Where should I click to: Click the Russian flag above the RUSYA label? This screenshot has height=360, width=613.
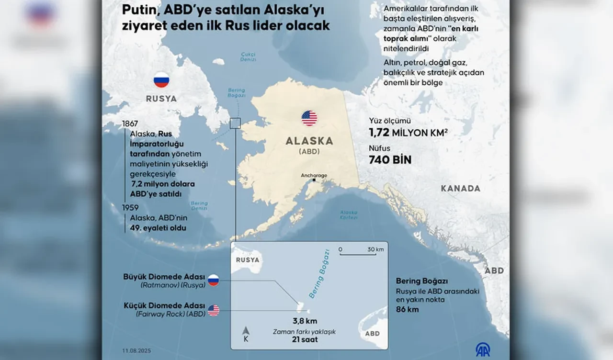(x=161, y=79)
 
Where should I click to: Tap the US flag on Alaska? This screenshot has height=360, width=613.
(x=309, y=118)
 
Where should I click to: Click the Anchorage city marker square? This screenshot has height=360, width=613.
(x=314, y=180)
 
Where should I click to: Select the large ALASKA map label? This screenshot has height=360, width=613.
(x=309, y=141)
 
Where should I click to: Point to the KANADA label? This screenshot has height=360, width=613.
(x=460, y=189)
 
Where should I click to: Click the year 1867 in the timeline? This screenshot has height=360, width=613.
(x=130, y=124)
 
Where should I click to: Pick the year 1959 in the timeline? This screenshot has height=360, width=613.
(x=130, y=208)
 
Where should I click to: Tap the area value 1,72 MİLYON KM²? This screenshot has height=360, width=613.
(x=408, y=133)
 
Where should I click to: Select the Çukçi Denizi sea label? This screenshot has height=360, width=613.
(x=249, y=56)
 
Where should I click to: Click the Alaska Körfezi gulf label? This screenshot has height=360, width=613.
(x=349, y=214)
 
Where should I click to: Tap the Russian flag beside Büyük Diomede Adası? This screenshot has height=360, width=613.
(x=213, y=281)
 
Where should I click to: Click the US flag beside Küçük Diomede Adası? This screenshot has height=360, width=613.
(x=214, y=310)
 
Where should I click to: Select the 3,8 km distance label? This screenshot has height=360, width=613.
(x=305, y=321)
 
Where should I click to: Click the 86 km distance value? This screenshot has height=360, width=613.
(x=407, y=309)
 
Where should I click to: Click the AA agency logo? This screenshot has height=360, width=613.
(x=482, y=349)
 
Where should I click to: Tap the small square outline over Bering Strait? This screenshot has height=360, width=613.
(x=235, y=124)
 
